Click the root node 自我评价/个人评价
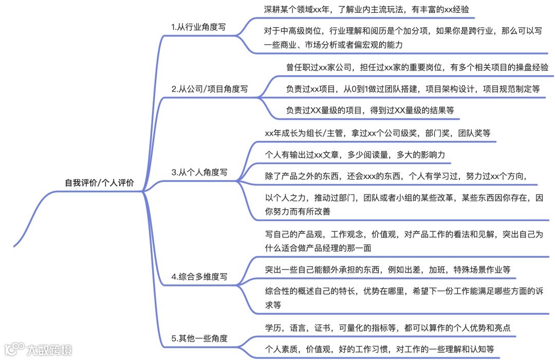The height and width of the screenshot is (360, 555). [99, 183]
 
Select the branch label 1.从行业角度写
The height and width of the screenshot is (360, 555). [198, 27]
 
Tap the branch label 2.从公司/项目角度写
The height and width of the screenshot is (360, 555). [209, 88]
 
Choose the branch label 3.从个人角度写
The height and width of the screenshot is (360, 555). [199, 172]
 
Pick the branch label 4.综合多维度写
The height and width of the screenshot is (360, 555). [199, 277]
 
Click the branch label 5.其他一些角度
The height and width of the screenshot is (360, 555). [199, 338]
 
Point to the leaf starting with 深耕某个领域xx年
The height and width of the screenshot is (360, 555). [366, 9]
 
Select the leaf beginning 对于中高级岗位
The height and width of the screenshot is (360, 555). [403, 37]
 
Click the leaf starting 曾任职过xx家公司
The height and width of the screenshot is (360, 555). [417, 67]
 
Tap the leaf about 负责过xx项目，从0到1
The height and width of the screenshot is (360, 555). [413, 88]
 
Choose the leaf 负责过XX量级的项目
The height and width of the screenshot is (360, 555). [369, 110]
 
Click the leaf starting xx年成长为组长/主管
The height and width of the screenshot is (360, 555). [377, 133]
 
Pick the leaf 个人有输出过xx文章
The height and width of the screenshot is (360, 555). [355, 154]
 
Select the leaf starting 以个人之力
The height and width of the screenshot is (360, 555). [404, 204]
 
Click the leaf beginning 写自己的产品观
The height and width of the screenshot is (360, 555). [404, 241]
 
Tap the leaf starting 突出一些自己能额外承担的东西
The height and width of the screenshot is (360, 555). [387, 269]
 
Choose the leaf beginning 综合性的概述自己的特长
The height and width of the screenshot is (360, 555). [404, 297]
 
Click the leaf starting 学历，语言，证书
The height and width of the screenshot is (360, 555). [387, 328]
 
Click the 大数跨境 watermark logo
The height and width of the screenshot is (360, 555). [39, 350]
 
